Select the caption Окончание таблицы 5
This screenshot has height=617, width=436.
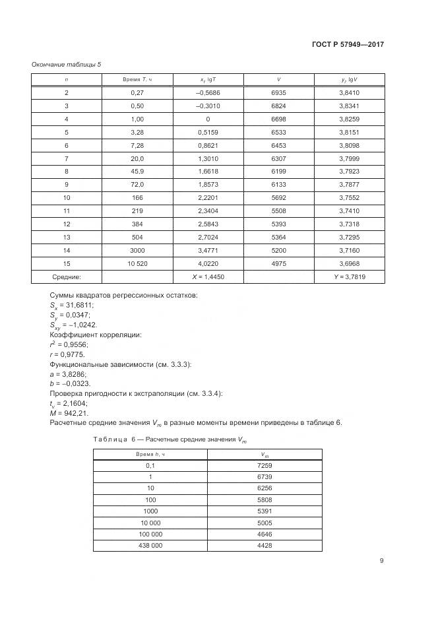pyautogui.click(x=66, y=64)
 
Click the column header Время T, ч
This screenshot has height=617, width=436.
pyautogui.click(x=138, y=80)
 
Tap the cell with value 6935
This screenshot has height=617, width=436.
pyautogui.click(x=278, y=93)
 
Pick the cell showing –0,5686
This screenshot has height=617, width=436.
pyautogui.click(x=208, y=93)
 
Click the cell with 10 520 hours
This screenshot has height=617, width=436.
pyautogui.click(x=138, y=263)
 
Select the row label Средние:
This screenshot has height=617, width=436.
pyautogui.click(x=66, y=277)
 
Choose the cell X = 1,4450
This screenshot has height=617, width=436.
pyautogui.click(x=208, y=277)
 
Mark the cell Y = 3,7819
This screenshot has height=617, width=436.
pyautogui.click(x=349, y=277)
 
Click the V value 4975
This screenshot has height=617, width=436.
pyautogui.click(x=278, y=263)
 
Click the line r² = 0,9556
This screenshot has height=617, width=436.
pyautogui.click(x=69, y=344)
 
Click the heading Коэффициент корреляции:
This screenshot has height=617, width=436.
pyautogui.click(x=96, y=335)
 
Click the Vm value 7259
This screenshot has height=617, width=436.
pyautogui.click(x=264, y=466)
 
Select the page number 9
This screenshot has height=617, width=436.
pyautogui.click(x=381, y=561)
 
